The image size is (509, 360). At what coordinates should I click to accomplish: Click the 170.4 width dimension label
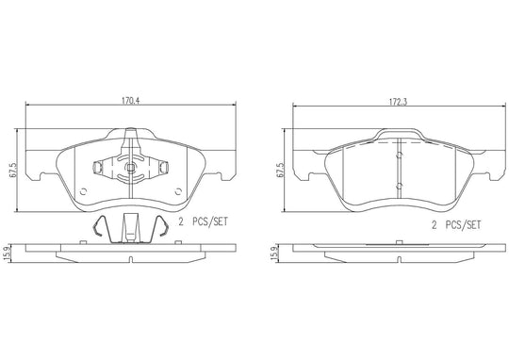click(130, 101)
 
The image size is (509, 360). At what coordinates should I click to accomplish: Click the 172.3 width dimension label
click(398, 102)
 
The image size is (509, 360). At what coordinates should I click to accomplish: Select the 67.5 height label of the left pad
click(13, 170)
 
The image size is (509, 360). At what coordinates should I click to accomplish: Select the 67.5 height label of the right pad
click(281, 170)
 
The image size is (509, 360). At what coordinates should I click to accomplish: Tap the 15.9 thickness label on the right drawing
click(275, 253)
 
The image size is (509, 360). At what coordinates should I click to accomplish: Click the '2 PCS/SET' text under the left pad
click(204, 222)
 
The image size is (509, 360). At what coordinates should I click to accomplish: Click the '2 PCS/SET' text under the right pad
click(456, 225)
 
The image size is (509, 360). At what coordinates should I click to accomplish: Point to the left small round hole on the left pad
click(83, 191)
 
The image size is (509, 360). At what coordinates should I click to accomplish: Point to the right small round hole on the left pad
click(178, 191)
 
